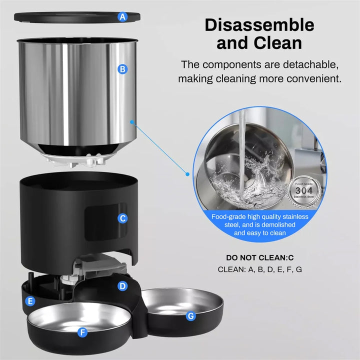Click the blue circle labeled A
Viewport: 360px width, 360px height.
tap(122, 16)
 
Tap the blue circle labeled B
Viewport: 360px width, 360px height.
tap(121, 69)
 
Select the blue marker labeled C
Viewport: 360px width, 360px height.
tap(122, 218)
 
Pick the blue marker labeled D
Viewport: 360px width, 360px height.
tap(122, 286)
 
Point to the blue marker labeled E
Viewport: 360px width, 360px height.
tap(30, 301)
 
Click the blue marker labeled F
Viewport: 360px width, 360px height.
tap(82, 331)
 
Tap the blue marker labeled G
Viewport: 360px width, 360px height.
tap(190, 315)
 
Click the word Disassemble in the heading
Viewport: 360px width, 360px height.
tap(259, 24)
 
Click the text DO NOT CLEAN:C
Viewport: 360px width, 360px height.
tap(259, 258)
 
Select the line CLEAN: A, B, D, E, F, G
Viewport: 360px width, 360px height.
tap(259, 269)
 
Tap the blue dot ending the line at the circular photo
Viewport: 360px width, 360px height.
tap(188, 174)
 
